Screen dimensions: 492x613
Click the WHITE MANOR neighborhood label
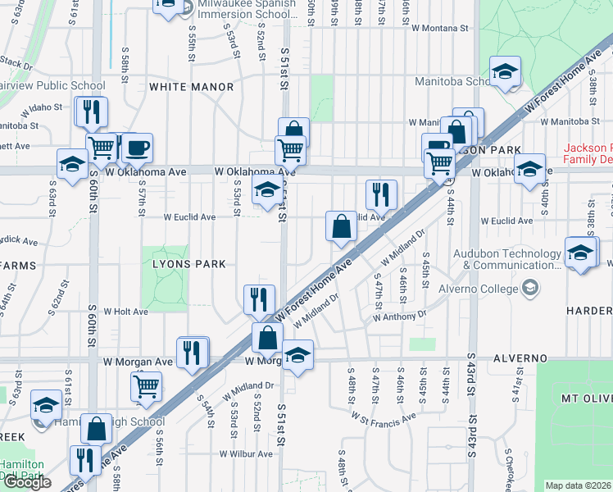pos(191,86)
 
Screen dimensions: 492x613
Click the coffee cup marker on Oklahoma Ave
pos(137,148)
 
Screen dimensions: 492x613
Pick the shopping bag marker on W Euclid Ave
pos(340,226)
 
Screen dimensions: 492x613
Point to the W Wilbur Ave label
pos(246,453)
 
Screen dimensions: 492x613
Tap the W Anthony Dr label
pos(399,315)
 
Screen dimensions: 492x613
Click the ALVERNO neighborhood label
pos(520,359)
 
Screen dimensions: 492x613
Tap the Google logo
pos(28,483)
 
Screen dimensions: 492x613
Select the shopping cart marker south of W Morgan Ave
pos(146,385)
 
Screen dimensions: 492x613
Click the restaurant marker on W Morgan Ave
pos(192,353)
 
